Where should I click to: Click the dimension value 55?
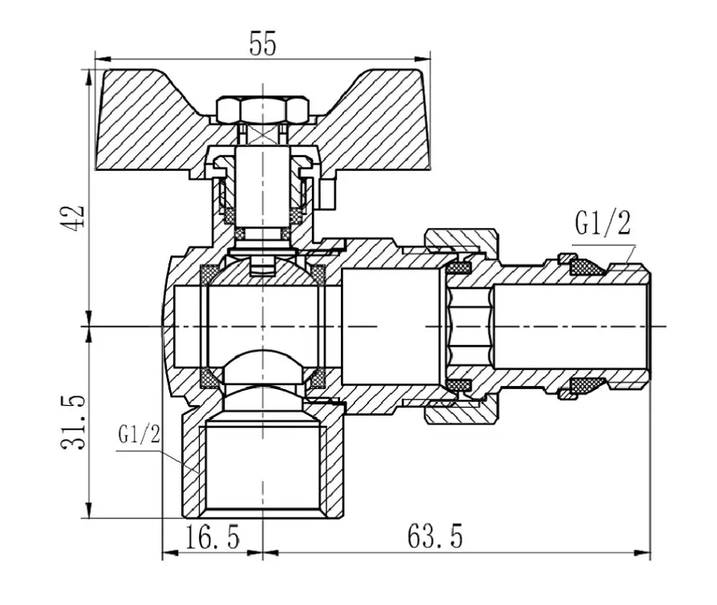click(x=262, y=44)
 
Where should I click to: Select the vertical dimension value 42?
click(x=73, y=217)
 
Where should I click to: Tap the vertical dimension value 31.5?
click(x=73, y=422)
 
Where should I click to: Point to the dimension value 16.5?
click(x=213, y=537)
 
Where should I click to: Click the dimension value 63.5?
click(x=435, y=536)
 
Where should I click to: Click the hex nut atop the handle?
click(x=262, y=110)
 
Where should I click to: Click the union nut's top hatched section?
click(x=460, y=239)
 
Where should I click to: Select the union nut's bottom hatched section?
click(x=460, y=412)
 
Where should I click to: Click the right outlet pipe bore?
click(x=572, y=326)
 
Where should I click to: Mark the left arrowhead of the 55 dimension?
click(x=103, y=59)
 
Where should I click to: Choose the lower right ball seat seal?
click(x=316, y=377)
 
